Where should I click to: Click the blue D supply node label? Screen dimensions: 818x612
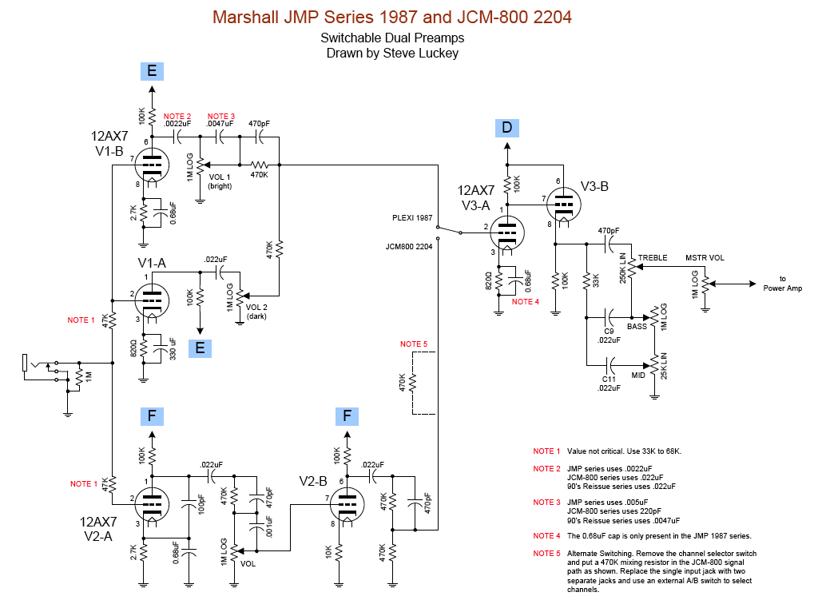[x=507, y=128]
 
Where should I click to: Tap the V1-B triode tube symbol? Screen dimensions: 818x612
[x=152, y=165]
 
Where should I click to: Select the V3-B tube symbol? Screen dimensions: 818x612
[x=564, y=204]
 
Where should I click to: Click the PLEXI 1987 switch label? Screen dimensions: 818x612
[x=412, y=217]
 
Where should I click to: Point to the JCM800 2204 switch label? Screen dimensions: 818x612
[x=409, y=246]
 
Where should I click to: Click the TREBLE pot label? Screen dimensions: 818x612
[x=653, y=258]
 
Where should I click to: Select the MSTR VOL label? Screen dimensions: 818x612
[x=705, y=258]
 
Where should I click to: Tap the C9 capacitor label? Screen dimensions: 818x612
[x=609, y=332]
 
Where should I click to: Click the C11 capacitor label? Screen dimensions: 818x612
[x=609, y=380]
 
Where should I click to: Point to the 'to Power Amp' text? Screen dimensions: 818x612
[x=783, y=284]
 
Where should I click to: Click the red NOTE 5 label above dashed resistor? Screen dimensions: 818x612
[x=414, y=344]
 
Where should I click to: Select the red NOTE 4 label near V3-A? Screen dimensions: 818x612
[x=526, y=301]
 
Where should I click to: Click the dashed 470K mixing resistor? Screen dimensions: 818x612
[x=413, y=383]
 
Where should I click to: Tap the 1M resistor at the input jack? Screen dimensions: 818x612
[x=78, y=376]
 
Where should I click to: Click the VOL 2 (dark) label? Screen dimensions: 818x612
[x=256, y=312]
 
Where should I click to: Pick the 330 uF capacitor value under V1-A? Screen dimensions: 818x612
[x=173, y=348]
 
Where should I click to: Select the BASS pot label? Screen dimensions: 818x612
[x=637, y=327]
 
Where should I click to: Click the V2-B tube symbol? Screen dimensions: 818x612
[x=347, y=504]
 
